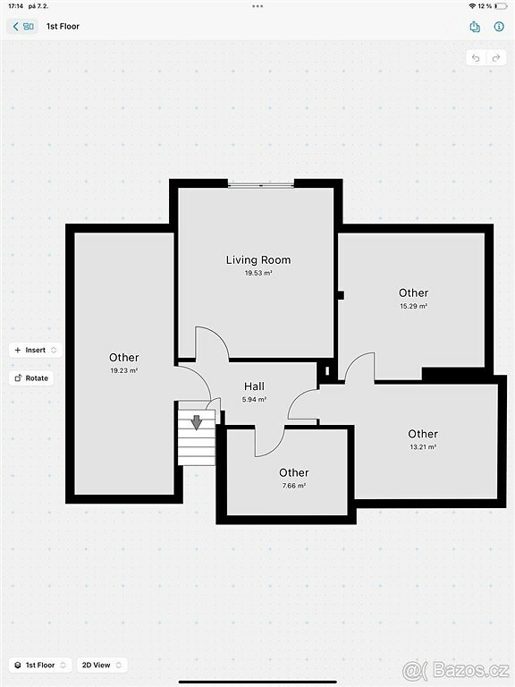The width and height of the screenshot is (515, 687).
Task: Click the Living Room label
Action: [x=258, y=259]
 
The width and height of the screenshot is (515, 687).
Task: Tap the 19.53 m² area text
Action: [x=258, y=273]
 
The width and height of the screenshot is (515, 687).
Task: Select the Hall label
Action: [x=255, y=386]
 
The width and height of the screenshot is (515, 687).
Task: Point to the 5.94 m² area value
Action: [x=255, y=400]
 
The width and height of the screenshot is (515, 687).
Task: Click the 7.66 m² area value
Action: [x=294, y=486]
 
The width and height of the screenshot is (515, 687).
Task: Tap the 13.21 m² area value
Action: [x=423, y=447]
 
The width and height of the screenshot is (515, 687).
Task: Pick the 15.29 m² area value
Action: [x=413, y=306]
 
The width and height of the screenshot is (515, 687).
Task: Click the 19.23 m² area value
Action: [x=124, y=370]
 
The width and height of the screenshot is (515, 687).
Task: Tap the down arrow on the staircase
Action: [x=197, y=422]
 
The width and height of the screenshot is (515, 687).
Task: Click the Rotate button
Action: [x=31, y=378]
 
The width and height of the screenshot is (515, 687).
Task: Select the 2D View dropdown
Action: [x=102, y=666]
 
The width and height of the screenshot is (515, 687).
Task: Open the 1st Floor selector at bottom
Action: [x=40, y=666]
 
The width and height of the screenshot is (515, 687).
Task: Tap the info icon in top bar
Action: [x=499, y=26]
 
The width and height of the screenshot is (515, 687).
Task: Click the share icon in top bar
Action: [x=475, y=27]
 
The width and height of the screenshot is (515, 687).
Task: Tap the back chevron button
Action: [x=21, y=26]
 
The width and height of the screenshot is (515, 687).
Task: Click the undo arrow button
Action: [x=476, y=58]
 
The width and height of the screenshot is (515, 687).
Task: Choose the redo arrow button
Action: [x=496, y=58]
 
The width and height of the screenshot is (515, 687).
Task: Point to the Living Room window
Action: [x=261, y=185]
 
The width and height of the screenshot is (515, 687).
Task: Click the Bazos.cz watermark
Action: [x=456, y=670]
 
